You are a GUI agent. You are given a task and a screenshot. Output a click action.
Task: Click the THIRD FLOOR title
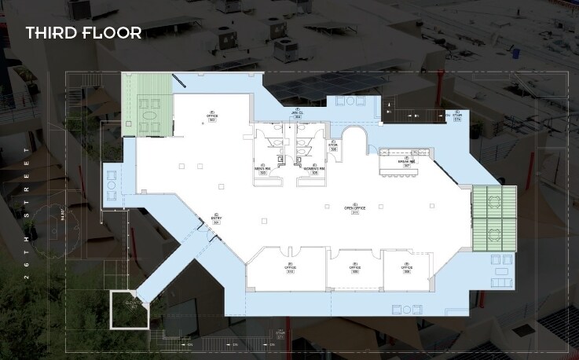(x=83, y=33)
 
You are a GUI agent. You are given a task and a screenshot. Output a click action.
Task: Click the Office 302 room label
(x=211, y=116)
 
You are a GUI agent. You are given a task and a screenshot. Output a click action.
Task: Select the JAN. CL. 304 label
(x=298, y=113)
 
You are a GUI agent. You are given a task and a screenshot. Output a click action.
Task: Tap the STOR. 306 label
(x=333, y=146)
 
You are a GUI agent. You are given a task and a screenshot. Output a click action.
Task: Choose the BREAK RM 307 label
(x=407, y=163)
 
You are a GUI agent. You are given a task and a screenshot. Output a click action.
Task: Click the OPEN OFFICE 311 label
(x=355, y=209)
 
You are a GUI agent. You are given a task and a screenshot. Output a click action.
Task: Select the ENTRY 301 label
(x=216, y=219)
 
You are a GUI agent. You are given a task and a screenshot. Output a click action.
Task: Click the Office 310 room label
(x=290, y=267)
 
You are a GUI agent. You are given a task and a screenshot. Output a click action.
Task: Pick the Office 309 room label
(x=355, y=267)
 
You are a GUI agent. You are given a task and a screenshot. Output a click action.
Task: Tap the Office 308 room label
(x=406, y=267)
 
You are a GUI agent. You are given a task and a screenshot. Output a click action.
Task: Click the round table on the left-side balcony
(x=112, y=185)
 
